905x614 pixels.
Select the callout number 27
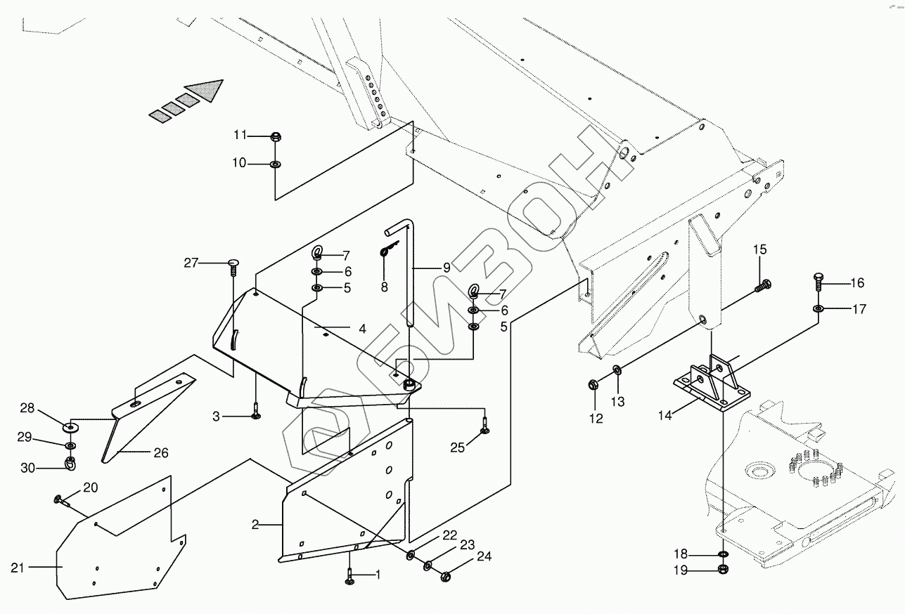(191, 263)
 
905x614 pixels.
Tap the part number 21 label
(18, 568)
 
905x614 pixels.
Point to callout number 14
(665, 415)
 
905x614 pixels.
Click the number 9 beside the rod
(447, 268)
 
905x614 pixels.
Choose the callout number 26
(161, 453)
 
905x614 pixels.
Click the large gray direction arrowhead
(207, 91)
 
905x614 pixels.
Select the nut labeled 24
(445, 577)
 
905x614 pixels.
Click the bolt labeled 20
(60, 500)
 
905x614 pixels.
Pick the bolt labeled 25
(484, 426)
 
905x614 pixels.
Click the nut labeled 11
(276, 136)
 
